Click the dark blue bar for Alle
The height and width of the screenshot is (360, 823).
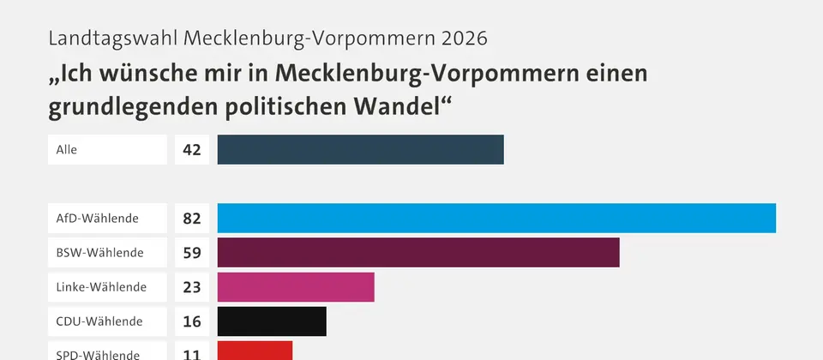[361, 149]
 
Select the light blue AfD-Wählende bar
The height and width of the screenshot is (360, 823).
[496, 218]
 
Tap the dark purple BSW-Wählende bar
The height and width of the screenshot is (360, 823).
[418, 252]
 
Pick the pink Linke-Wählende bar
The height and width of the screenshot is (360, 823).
[296, 287]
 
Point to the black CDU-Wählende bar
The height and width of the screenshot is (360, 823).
[272, 321]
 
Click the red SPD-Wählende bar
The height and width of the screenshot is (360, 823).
[255, 351]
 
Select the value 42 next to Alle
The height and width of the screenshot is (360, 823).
[192, 149]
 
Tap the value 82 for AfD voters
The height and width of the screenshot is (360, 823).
[192, 218]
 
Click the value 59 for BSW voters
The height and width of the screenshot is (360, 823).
[192, 252]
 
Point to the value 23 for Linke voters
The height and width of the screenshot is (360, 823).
[192, 287]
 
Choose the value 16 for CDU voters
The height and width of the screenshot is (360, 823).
[192, 321]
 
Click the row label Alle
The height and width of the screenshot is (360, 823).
[67, 149]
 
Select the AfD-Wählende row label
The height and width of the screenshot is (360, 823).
[97, 218]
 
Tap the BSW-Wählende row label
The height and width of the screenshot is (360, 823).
[99, 252]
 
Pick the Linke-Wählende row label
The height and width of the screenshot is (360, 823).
[101, 287]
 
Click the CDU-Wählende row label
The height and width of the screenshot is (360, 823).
[99, 321]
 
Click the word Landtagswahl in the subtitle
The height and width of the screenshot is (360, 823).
[113, 39]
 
